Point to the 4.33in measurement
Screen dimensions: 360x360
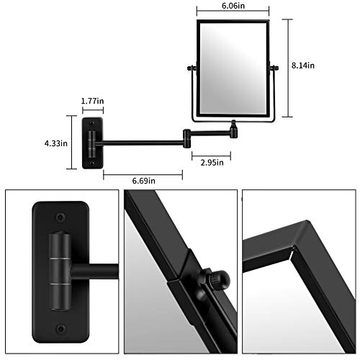[x=55, y=143]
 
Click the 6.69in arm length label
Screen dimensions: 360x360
[x=142, y=182]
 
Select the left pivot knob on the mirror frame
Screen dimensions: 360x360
[x=192, y=69]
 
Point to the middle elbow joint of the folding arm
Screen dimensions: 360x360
[x=188, y=134]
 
